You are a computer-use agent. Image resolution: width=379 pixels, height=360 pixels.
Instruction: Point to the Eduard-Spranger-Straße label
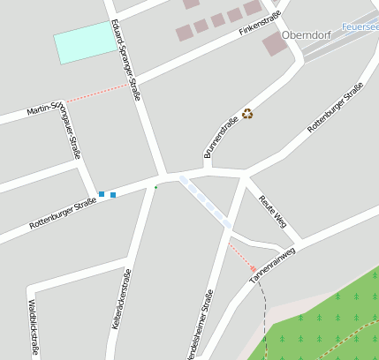click(x=126, y=60)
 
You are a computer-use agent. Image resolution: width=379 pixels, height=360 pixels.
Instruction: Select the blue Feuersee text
click(x=359, y=27)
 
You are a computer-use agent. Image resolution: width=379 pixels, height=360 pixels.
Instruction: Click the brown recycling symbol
click(x=247, y=113)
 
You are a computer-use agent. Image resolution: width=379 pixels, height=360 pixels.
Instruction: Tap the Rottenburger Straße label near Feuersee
click(x=336, y=108)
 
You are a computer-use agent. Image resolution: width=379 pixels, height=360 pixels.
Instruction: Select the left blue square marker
click(x=102, y=194)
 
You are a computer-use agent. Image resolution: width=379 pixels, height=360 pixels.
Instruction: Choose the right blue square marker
click(x=113, y=194)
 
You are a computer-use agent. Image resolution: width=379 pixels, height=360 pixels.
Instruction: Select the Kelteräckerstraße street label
click(x=121, y=299)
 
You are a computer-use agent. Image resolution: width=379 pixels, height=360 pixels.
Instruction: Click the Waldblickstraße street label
click(x=34, y=327)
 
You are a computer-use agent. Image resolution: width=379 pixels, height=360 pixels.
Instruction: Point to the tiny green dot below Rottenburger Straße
click(x=156, y=187)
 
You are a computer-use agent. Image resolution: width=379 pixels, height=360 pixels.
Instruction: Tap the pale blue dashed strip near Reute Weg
click(x=205, y=201)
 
